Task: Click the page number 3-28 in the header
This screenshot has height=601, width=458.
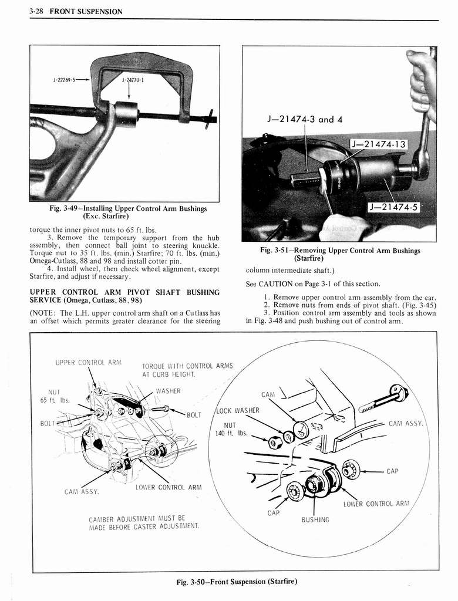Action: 39,11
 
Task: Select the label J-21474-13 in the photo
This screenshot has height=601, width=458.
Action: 378,144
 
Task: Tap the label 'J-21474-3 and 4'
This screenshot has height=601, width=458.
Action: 305,119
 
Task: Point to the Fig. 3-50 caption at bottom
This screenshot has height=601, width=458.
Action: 237,581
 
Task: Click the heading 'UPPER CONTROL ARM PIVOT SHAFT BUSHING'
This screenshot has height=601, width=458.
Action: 124,292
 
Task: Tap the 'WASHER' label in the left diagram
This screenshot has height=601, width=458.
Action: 167,391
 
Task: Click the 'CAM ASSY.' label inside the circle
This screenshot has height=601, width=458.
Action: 407,423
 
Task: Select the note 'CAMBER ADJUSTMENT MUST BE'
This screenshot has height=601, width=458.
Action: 137,518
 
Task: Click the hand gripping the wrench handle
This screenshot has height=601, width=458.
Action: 421,82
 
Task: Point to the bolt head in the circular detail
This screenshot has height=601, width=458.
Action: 399,392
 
